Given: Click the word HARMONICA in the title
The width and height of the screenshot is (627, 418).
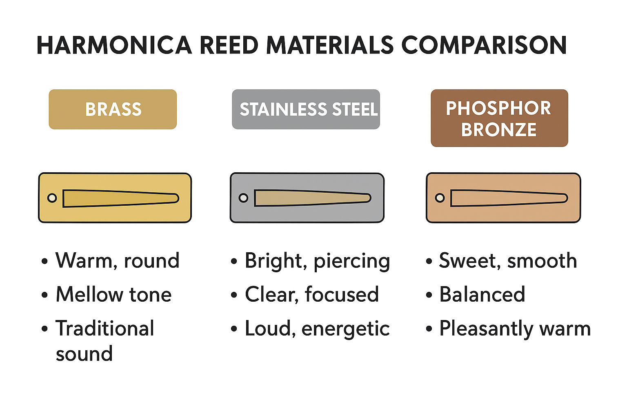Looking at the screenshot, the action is coord(114,45).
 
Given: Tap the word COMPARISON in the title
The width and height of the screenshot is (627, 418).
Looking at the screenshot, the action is coord(484,45).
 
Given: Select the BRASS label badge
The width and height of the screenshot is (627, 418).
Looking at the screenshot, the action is coord(113,109).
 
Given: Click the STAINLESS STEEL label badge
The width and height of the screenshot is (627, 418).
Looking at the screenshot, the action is coord(306,109).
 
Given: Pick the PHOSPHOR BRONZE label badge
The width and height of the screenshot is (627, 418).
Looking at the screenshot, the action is coord(499,118).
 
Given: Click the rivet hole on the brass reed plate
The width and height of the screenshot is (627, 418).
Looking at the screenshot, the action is coord(52,198).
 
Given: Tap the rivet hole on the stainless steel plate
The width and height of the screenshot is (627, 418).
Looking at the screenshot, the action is coord(243,198).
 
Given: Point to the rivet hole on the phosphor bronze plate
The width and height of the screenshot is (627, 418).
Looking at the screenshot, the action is coord(440,198).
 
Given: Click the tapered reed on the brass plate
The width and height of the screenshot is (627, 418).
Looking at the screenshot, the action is coord(121,198).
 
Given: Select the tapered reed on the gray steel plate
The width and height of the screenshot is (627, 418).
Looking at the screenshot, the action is coord(313,198).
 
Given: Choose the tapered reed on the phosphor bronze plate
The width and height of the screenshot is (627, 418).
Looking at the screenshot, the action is coord(509,198).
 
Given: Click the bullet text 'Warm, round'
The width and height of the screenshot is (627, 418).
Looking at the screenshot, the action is coord(117,260).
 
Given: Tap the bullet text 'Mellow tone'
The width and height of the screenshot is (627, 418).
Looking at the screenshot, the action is coord(113,294).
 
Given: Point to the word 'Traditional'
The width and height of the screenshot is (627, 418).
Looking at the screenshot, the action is coord(105,328).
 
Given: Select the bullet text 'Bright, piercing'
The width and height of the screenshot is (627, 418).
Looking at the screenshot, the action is coord(318,261).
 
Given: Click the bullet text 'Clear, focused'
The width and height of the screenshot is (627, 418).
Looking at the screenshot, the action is coord(312,294).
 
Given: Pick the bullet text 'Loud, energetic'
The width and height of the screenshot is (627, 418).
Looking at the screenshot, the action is coord(318,329).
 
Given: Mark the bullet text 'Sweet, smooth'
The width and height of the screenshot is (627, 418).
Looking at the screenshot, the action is coord(508,260).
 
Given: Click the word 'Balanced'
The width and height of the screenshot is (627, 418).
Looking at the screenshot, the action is coord(482,294).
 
